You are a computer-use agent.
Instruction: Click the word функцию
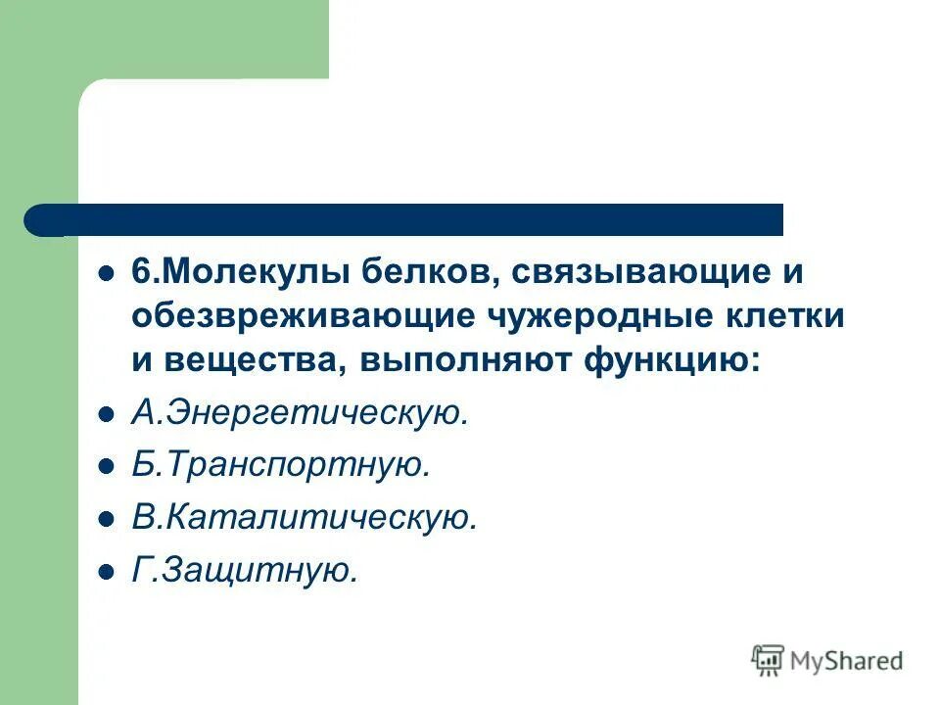[671, 360]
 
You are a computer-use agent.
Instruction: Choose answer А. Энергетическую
[301, 414]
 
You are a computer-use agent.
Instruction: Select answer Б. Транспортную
[281, 466]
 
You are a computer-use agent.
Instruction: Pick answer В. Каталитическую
[305, 518]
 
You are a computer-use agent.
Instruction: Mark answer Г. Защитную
[246, 570]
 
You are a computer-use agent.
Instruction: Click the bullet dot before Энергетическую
[107, 415]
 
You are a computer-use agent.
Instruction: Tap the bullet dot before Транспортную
[107, 467]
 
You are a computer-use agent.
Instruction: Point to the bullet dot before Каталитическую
[107, 519]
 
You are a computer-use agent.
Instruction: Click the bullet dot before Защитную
[107, 571]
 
